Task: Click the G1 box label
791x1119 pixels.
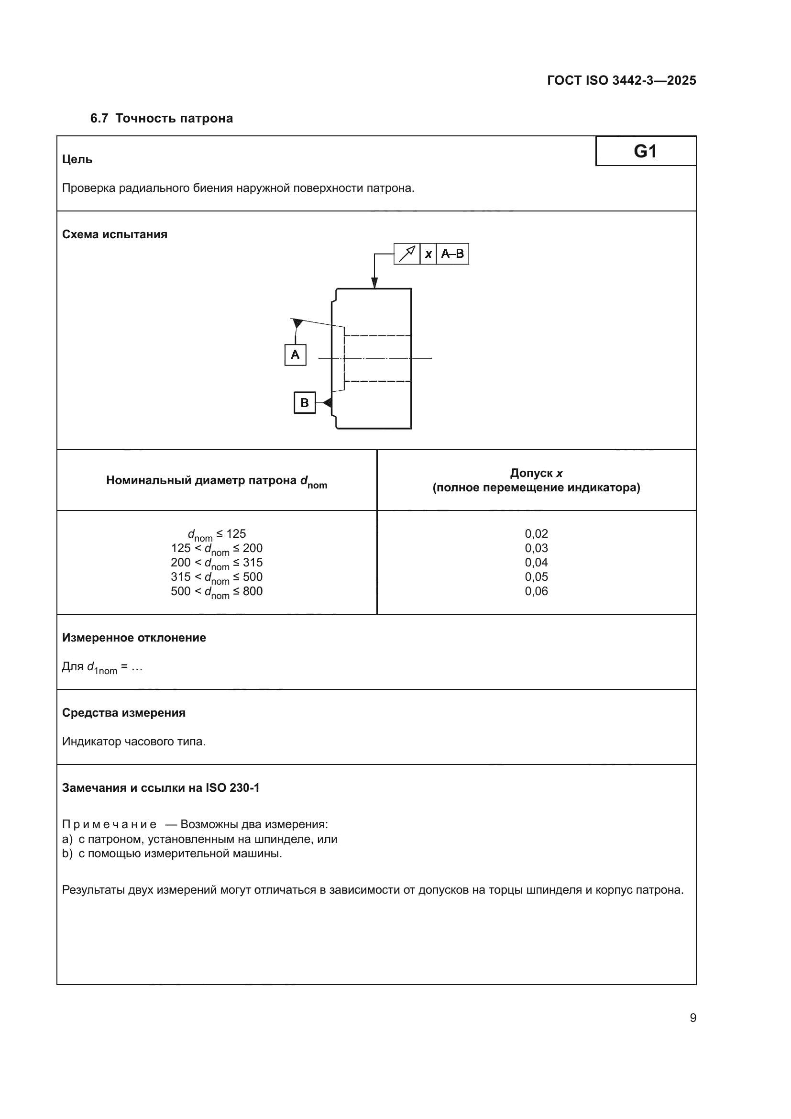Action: [x=645, y=151]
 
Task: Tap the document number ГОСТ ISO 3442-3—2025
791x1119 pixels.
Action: [x=622, y=80]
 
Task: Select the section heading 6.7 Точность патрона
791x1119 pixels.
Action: [x=161, y=119]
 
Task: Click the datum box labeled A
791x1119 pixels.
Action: [x=295, y=355]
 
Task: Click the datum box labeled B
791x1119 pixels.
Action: [x=305, y=403]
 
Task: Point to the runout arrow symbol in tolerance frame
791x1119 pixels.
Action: [x=406, y=254]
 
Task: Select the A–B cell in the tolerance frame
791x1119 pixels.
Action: [x=452, y=254]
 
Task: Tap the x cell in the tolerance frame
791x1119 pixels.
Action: [x=428, y=254]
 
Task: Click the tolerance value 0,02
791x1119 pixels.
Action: [x=536, y=534]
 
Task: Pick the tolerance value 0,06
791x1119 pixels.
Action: [x=536, y=591]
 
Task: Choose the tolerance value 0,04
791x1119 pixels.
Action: [x=536, y=563]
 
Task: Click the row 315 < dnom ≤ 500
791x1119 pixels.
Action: [x=217, y=577]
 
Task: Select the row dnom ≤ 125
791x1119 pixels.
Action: [x=217, y=534]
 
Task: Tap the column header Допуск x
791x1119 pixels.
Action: [x=536, y=473]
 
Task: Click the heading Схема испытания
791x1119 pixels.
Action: [x=114, y=234]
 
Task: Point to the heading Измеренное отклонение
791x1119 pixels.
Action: [x=134, y=638]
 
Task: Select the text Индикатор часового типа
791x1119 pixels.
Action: [x=134, y=742]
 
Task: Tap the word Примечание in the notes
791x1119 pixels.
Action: [x=110, y=825]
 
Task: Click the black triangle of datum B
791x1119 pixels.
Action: [x=328, y=403]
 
